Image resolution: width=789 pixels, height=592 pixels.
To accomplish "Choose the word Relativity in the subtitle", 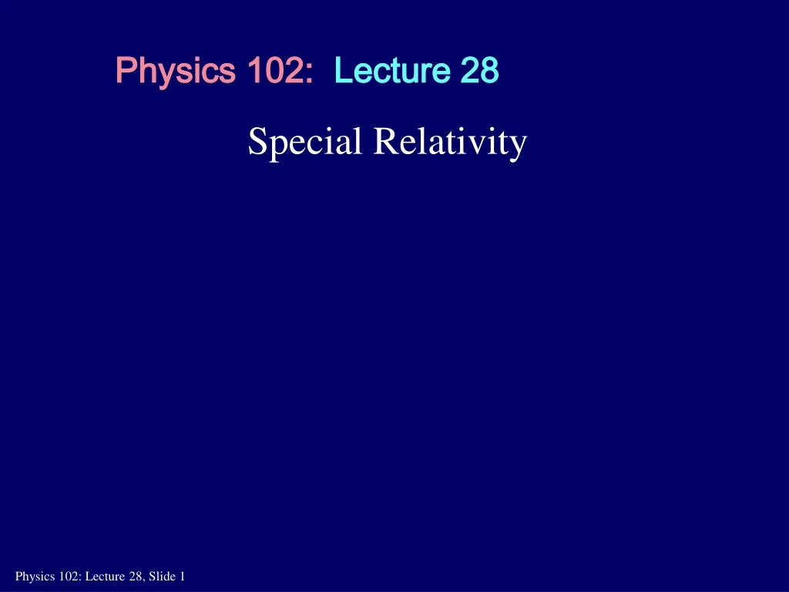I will (450, 143).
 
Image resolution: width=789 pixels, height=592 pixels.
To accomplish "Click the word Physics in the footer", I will (32, 576).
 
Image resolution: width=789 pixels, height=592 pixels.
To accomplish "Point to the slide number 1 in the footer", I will (182, 576).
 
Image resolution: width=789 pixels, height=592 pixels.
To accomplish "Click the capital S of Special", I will (257, 142).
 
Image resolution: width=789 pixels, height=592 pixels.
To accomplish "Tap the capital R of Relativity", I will (382, 142).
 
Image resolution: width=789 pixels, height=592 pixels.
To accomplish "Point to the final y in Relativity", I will (519, 146).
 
